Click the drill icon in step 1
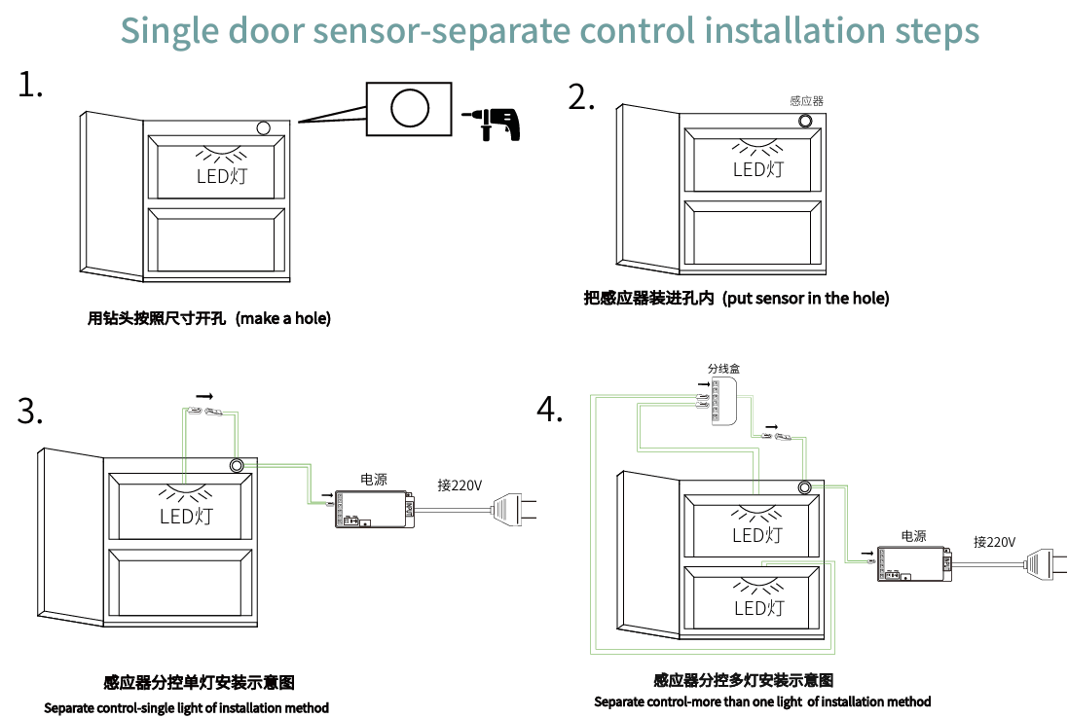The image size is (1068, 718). (494, 123)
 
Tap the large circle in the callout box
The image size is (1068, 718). (410, 107)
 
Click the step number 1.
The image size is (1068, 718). (30, 86)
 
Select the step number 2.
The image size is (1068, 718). (581, 97)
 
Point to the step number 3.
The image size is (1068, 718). (30, 412)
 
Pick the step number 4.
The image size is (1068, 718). (550, 410)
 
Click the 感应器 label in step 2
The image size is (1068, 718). (807, 101)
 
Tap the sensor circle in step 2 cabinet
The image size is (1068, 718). (807, 121)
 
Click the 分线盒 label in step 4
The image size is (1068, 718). (723, 369)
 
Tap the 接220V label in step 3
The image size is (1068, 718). (460, 485)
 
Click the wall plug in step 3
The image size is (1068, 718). (513, 508)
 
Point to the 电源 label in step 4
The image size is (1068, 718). (913, 536)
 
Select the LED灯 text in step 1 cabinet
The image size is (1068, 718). (222, 176)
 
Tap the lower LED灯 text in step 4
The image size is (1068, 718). (758, 608)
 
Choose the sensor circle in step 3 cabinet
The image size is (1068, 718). (237, 465)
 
